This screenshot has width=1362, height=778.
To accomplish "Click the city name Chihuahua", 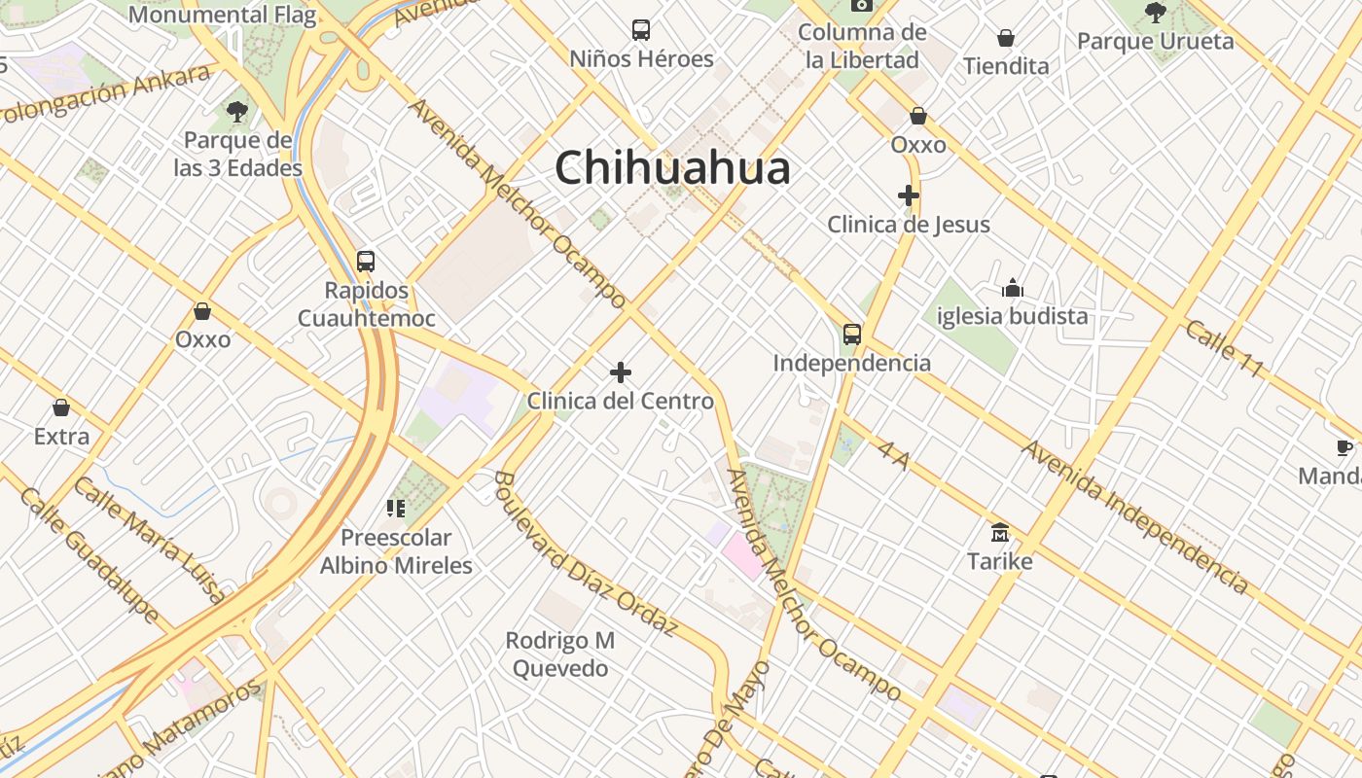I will point(672,168).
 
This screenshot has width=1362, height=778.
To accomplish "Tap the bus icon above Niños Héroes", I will point(640,30).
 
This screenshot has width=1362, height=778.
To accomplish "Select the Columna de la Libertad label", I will point(861,46).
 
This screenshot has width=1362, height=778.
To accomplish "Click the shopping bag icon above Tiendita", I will point(1006,38).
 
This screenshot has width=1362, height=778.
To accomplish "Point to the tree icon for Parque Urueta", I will point(1155,13).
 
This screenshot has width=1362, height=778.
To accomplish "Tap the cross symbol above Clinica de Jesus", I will point(909,195).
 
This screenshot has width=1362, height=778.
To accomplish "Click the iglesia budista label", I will point(1012,316).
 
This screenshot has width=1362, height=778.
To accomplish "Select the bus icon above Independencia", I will point(852,335).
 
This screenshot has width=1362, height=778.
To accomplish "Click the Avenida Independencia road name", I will point(1134,515).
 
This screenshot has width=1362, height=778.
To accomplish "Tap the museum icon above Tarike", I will point(999,533).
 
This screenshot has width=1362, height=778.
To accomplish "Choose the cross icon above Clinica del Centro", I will point(621,372).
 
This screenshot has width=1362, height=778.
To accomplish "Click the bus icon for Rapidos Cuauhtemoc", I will point(366,261).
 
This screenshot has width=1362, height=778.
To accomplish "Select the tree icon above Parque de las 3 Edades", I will point(237,112).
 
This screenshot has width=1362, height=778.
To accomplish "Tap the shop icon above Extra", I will point(61,407).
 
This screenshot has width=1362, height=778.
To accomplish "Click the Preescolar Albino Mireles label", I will point(396,551).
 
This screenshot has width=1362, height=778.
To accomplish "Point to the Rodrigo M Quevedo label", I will point(560,654).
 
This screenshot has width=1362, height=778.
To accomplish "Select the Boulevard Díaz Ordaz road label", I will point(584,553).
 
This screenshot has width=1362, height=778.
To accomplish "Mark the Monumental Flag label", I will point(222,16).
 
